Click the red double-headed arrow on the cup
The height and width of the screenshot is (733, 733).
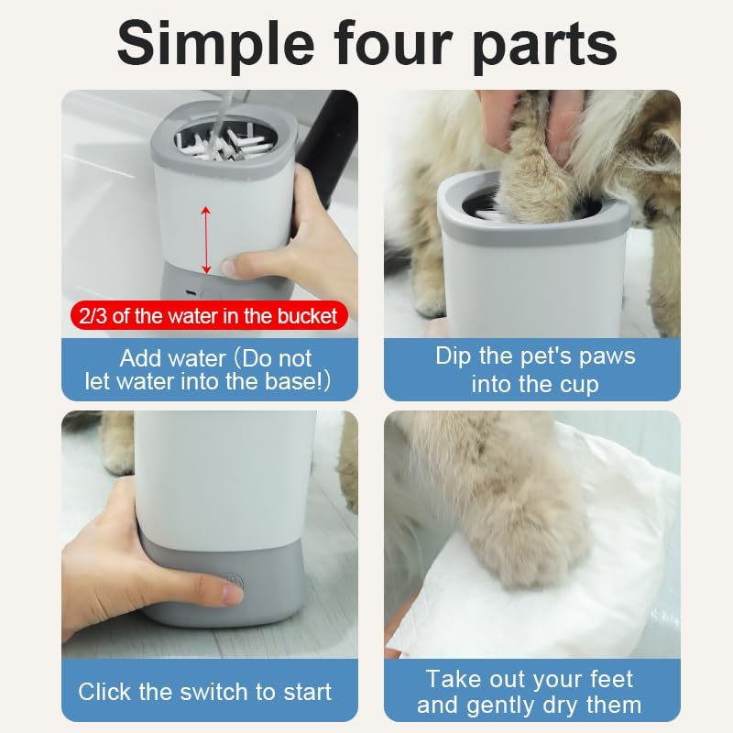(206, 240)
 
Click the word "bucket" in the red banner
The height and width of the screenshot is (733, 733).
(310, 317)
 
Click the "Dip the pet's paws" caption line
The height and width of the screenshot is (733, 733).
(535, 356)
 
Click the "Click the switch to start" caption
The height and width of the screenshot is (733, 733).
(205, 692)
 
